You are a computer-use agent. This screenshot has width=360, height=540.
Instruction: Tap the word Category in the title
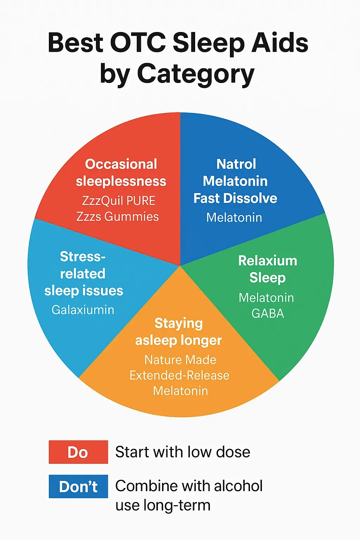pyautogui.click(x=195, y=74)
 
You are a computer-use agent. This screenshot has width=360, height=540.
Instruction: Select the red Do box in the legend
pyautogui.click(x=78, y=452)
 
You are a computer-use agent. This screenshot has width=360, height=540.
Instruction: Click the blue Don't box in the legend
pyautogui.click(x=78, y=487)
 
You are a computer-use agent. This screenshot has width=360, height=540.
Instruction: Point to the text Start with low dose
pyautogui.click(x=182, y=452)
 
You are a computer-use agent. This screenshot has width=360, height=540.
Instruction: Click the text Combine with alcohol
pyautogui.click(x=189, y=486)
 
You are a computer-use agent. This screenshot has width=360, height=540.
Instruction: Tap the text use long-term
pyautogui.click(x=163, y=506)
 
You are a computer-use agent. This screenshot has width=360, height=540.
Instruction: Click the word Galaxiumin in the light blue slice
pyautogui.click(x=83, y=310)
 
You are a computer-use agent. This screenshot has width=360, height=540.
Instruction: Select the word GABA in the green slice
pyautogui.click(x=268, y=313)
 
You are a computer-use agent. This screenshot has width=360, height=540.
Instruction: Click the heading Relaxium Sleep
pyautogui.click(x=268, y=269)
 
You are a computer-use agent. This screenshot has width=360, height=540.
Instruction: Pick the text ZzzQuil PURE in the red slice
pyautogui.click(x=118, y=201)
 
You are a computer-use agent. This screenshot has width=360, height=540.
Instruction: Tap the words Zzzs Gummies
pyautogui.click(x=117, y=217)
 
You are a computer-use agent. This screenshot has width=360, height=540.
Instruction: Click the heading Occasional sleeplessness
pyautogui.click(x=121, y=172)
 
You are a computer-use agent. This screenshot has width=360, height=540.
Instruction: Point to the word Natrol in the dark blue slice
pyautogui.click(x=236, y=164)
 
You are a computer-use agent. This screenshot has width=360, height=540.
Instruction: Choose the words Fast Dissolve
pyautogui.click(x=235, y=198)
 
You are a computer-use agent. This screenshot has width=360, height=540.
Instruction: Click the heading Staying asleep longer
pyautogui.click(x=179, y=332)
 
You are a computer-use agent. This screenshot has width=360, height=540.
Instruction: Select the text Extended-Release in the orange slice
pyautogui.click(x=179, y=375)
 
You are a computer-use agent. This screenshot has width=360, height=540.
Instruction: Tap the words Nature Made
pyautogui.click(x=180, y=360)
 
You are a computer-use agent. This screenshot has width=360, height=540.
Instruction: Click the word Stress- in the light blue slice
pyautogui.click(x=83, y=257)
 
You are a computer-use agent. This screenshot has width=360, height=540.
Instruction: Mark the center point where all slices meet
pyautogui.click(x=180, y=265)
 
